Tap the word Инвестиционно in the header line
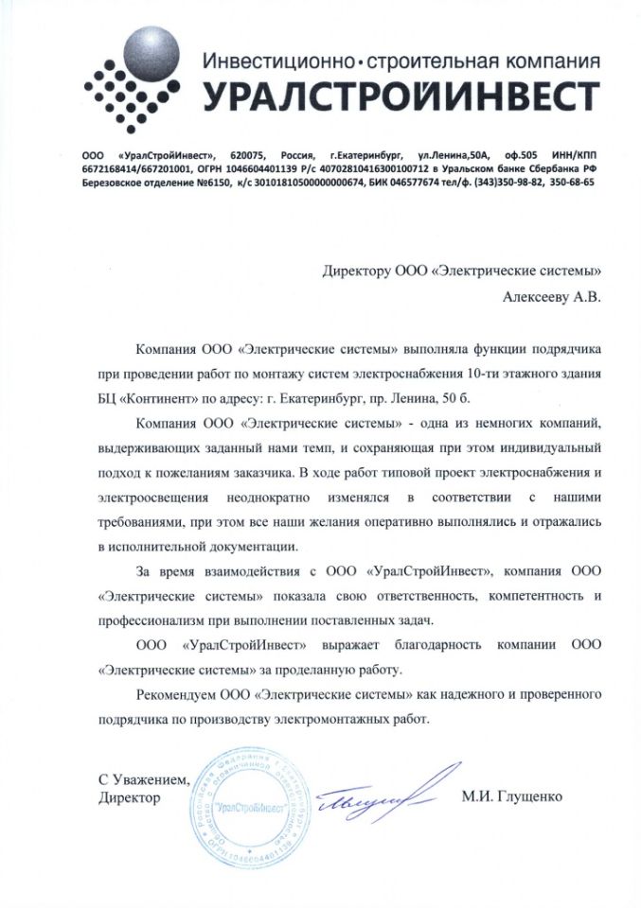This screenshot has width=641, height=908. (x=274, y=62)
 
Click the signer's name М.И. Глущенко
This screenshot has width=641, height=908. (x=512, y=796)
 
